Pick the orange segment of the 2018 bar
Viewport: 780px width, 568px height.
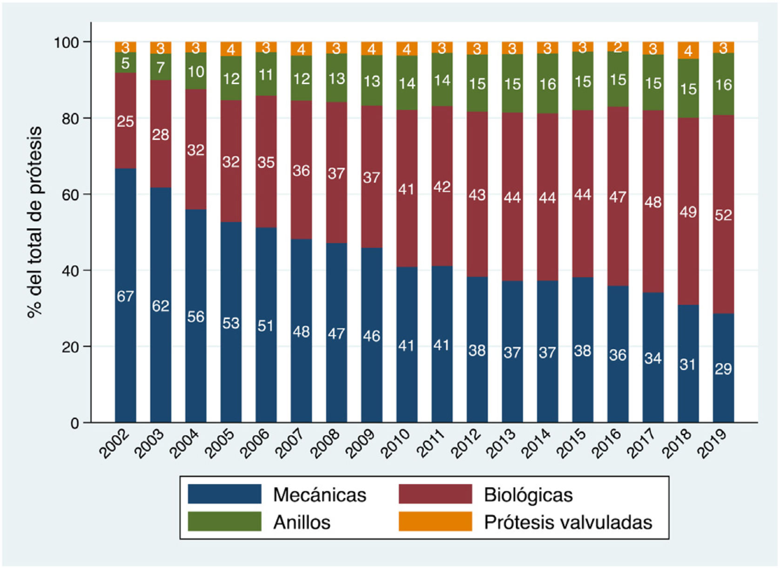688,50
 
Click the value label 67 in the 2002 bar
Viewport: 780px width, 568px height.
125,296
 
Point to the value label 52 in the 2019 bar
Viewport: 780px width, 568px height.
723,215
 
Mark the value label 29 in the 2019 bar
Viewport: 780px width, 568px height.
723,369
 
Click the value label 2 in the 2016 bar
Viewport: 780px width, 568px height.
618,47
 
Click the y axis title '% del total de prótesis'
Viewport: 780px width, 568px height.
35,222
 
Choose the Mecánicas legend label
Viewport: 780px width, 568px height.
320,494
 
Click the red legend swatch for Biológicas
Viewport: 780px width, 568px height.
435,494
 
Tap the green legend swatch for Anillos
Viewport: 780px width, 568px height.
224,521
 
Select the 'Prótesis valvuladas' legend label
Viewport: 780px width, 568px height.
568,522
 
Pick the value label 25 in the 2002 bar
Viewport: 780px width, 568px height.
125,121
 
